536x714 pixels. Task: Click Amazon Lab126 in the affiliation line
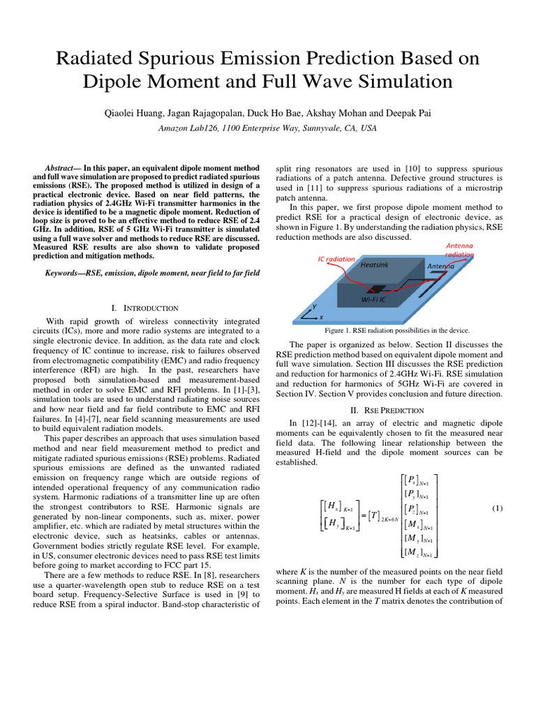coord(189,128)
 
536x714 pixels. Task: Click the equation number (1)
coord(497,508)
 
